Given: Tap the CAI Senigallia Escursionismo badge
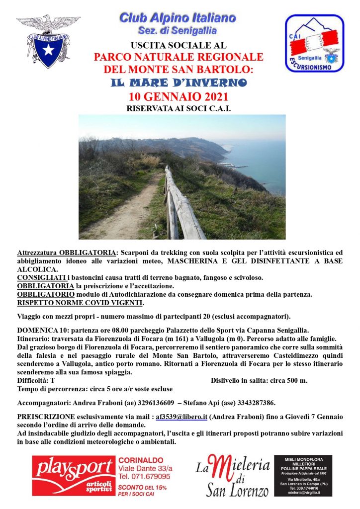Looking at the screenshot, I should (x=314, y=43).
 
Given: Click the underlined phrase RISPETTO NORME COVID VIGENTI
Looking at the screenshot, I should (x=81, y=303).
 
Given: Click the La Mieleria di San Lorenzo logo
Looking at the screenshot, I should (x=232, y=475).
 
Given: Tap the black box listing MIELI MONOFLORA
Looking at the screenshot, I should (x=303, y=475).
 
